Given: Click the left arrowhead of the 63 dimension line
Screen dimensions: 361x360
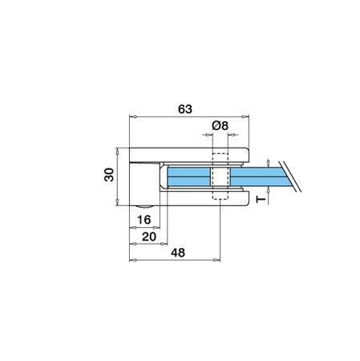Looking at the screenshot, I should click(x=132, y=116).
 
